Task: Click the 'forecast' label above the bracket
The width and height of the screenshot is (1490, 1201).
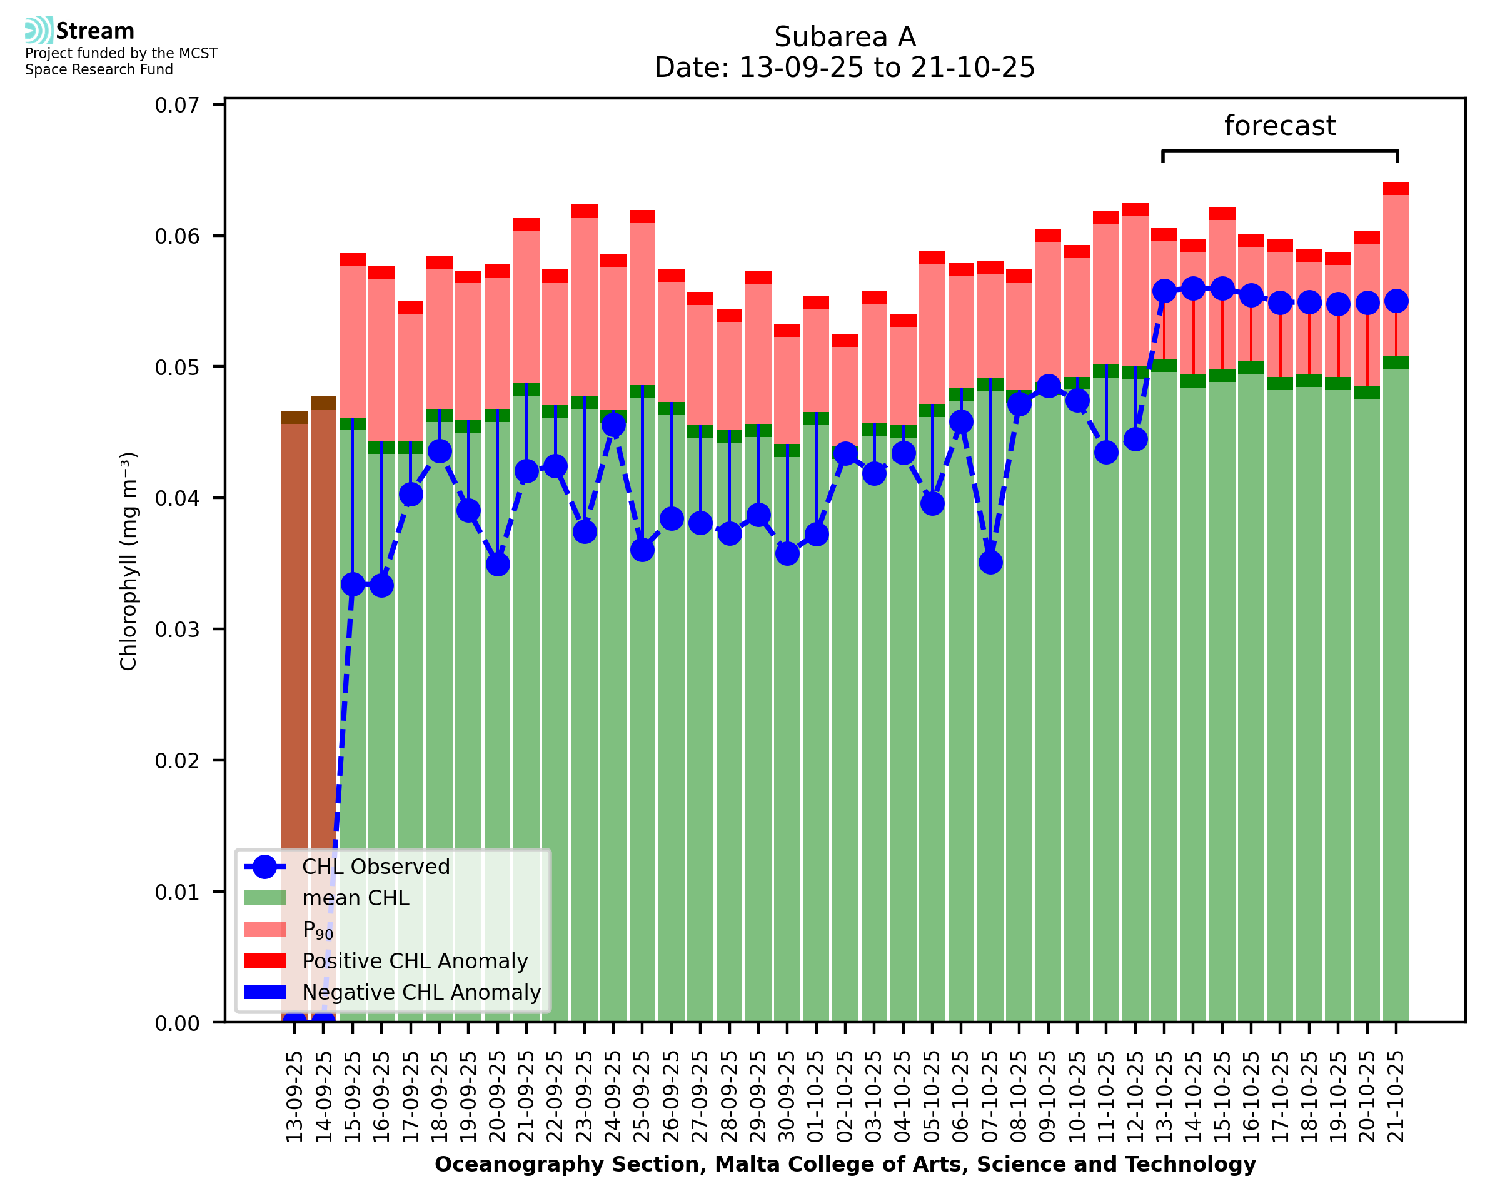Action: (1279, 126)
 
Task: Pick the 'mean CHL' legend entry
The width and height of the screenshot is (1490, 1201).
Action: (356, 898)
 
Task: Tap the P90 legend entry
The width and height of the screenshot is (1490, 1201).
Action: (318, 930)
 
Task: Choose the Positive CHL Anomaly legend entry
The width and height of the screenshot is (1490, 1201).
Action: (415, 961)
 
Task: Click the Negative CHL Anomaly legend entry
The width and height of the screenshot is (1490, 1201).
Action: (421, 992)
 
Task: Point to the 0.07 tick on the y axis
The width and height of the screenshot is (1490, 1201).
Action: (177, 105)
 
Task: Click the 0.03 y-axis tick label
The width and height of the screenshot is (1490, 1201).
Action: (177, 630)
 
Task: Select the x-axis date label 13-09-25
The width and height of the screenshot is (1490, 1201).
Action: (294, 1097)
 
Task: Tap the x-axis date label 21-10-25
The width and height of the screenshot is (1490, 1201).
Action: (1396, 1097)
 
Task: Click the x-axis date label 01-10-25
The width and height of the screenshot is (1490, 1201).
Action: (816, 1097)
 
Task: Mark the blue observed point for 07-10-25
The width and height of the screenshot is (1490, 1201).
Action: (990, 563)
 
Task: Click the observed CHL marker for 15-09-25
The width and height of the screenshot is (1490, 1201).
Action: (353, 585)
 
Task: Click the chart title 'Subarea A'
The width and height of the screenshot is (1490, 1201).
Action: (845, 37)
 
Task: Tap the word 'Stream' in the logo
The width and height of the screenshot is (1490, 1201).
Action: (95, 31)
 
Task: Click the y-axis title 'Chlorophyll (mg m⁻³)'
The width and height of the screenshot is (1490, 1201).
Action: (129, 561)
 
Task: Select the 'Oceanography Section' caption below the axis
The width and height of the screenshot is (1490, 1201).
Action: (845, 1165)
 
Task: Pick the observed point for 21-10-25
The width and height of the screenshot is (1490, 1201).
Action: (1396, 301)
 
